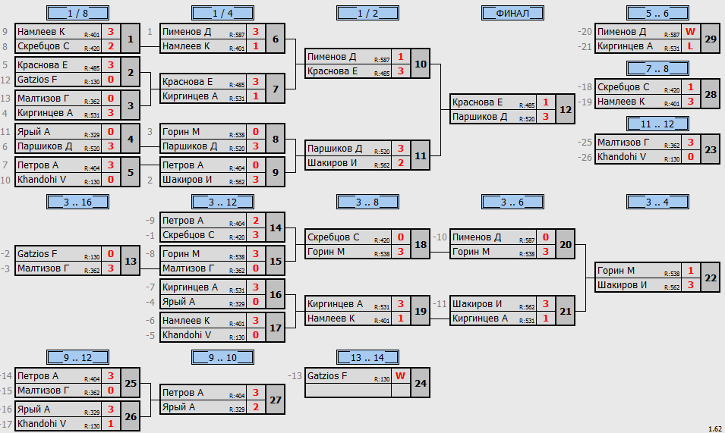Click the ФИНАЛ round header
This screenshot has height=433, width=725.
point(512,13)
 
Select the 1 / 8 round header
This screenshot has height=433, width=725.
point(77,13)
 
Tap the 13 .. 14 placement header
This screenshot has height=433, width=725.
point(367,357)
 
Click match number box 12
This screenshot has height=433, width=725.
point(566,109)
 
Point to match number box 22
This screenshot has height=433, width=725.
point(711,278)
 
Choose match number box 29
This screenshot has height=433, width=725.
point(711,39)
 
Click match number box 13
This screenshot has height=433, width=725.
point(131,262)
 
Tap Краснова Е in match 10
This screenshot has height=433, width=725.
point(333,71)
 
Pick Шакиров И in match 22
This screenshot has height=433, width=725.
point(622,285)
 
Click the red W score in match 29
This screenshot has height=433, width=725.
point(690,32)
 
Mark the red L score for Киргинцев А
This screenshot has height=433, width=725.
point(690,46)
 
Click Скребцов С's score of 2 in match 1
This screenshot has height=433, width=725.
point(111,46)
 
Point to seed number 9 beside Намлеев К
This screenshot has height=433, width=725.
point(5,32)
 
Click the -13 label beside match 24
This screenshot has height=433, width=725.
point(295,376)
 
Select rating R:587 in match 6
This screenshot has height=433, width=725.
point(237,35)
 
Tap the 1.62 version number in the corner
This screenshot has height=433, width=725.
point(715,429)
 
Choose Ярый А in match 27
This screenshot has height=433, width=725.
point(178,407)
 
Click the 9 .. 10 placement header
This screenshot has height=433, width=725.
point(222,357)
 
